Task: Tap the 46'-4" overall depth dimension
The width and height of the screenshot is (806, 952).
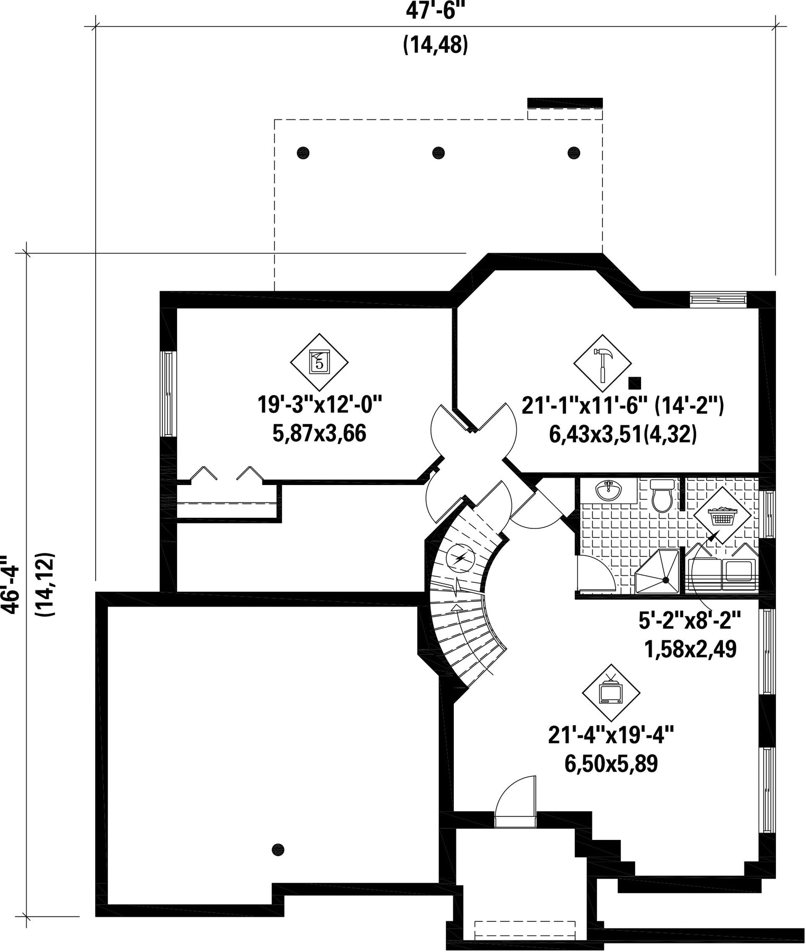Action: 10,585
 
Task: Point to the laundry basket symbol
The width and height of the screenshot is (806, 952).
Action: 722,515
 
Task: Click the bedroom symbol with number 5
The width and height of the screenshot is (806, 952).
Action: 319,362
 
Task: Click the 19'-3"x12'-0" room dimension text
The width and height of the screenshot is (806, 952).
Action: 319,406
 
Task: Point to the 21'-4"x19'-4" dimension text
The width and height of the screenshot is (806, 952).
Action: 611,735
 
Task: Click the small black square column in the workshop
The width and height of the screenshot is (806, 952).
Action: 634,382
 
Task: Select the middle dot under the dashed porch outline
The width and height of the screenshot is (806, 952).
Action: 438,153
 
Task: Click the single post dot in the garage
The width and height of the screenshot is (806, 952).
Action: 278,849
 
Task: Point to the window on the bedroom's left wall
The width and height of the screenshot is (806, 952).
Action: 168,393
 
